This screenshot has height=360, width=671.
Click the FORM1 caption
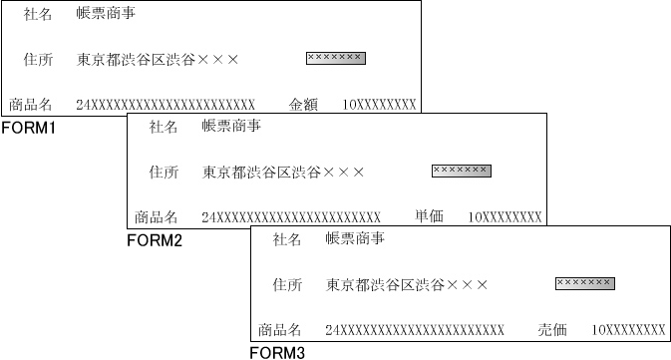tap(28, 128)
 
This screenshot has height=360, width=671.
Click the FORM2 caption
tap(155, 240)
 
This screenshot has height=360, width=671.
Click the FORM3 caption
tap(277, 352)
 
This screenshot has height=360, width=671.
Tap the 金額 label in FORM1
tap(303, 104)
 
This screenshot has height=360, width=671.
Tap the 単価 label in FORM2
tap(429, 216)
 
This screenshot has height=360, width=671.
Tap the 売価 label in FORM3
tap(552, 329)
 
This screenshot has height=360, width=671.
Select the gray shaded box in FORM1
tap(335, 58)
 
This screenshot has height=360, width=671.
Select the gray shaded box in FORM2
tap(461, 171)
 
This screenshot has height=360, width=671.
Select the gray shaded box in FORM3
tap(584, 283)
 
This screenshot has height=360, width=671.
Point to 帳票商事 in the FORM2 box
tap(231, 127)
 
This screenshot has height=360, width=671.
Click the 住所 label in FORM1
tap(38, 60)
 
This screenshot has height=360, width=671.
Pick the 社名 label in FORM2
tap(164, 127)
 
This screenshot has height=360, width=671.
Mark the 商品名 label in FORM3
tap(279, 329)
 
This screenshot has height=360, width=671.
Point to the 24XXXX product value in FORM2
tap(291, 217)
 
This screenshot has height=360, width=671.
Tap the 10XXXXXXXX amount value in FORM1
tap(379, 105)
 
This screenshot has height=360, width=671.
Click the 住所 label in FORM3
tap(287, 285)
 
